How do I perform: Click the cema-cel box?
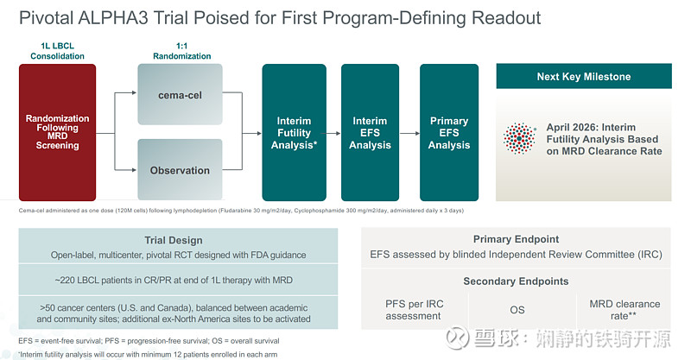[x=181, y=95]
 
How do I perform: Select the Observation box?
[x=181, y=170]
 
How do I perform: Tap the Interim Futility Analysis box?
[x=295, y=133]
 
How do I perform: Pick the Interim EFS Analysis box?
[x=370, y=133]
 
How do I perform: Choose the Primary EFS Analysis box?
[x=449, y=133]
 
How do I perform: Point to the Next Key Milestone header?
[x=583, y=77]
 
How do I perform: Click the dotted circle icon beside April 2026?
[x=519, y=139]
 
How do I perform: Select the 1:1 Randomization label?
[x=181, y=50]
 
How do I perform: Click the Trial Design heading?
[x=180, y=240]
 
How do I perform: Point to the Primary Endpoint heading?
[x=516, y=239]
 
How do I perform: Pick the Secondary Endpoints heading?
[x=516, y=281]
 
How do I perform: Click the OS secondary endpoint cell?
[x=516, y=310]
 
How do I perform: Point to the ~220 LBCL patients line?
[x=180, y=281]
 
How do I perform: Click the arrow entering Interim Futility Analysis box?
[x=251, y=133]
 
